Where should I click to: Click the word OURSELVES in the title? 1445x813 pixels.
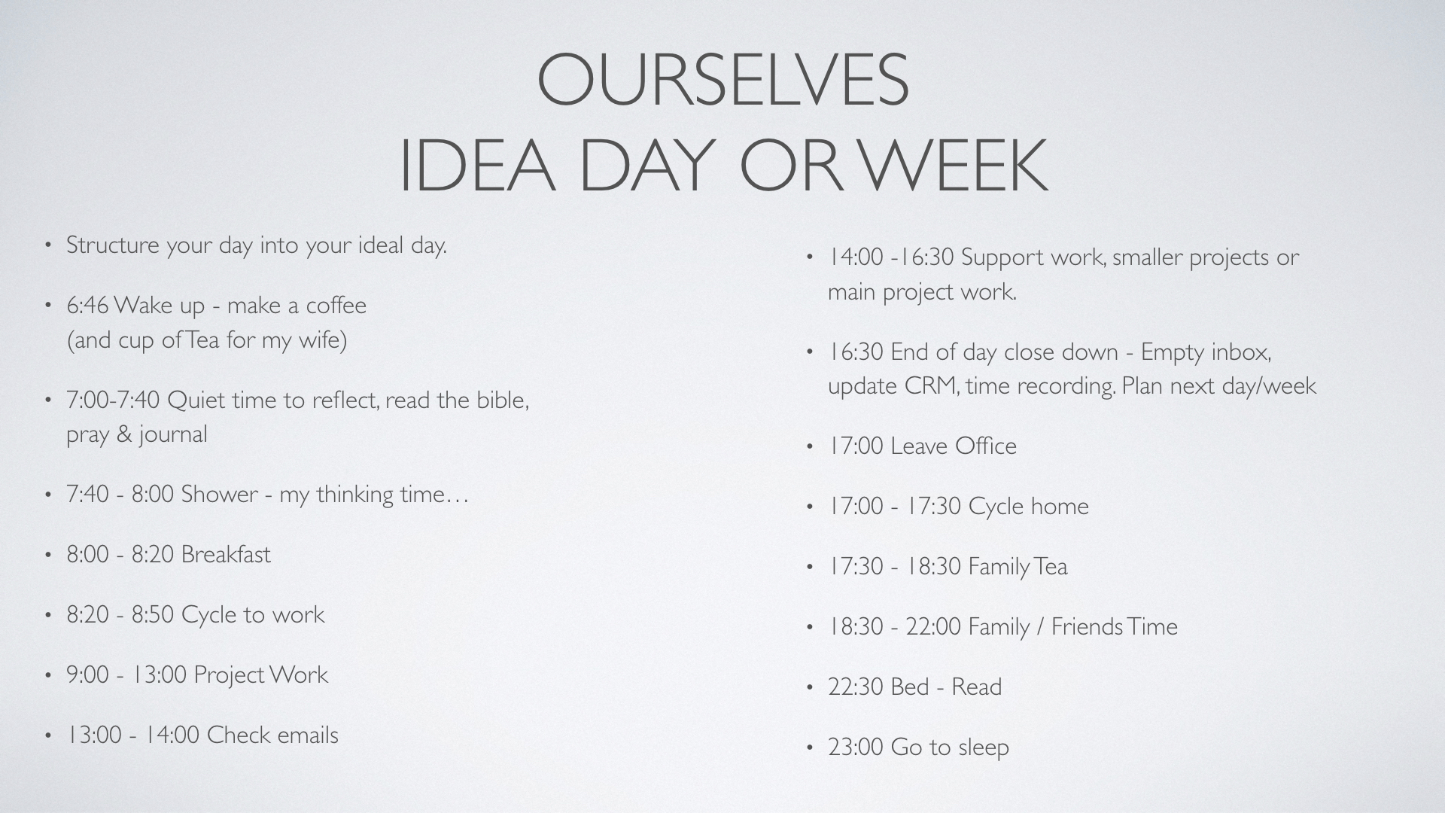pos(723,79)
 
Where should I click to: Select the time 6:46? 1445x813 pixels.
pos(88,306)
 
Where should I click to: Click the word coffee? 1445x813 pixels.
pos(336,305)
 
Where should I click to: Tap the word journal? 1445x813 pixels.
pos(172,435)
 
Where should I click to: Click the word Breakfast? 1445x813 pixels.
pos(226,554)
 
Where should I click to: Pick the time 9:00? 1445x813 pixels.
pos(88,674)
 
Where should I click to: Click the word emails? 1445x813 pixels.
pos(307,735)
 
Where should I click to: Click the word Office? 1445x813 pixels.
pos(986,446)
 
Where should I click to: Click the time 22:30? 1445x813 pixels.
pos(856,687)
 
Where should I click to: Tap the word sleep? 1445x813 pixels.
pos(984,748)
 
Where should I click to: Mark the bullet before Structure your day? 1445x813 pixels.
pos(48,245)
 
